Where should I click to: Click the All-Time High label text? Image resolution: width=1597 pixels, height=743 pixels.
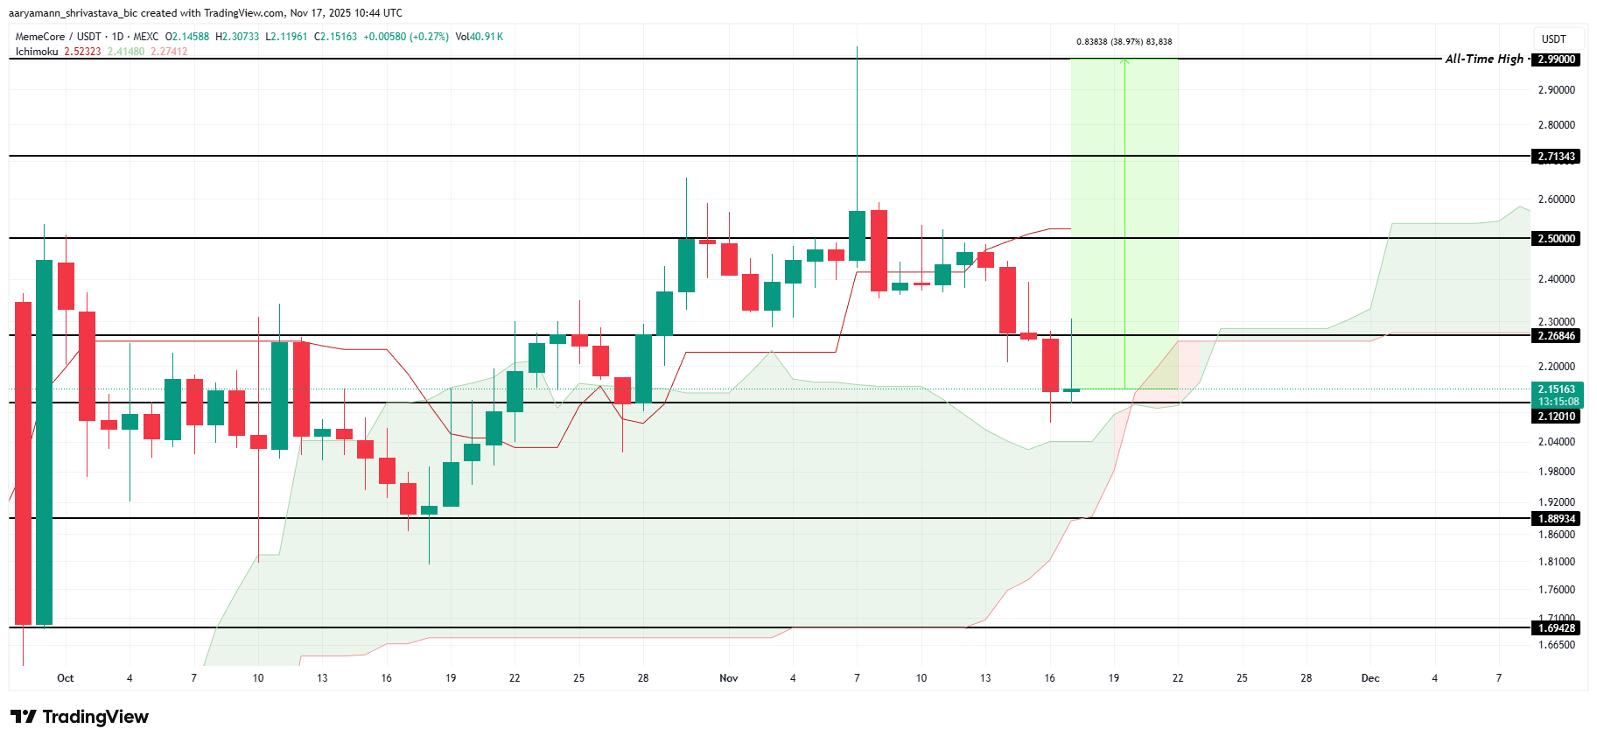pyautogui.click(x=1484, y=59)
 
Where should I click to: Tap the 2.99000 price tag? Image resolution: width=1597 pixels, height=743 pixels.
pyautogui.click(x=1558, y=60)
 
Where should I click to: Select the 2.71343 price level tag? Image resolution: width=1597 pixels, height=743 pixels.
pyautogui.click(x=1558, y=157)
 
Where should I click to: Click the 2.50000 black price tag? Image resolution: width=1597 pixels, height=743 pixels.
pyautogui.click(x=1558, y=239)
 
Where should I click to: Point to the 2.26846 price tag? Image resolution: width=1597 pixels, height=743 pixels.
pyautogui.click(x=1558, y=336)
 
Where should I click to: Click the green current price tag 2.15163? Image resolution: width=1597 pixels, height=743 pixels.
pyautogui.click(x=1558, y=389)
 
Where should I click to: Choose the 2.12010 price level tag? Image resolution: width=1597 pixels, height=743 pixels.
pyautogui.click(x=1558, y=417)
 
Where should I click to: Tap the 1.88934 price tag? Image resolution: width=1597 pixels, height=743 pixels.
pyautogui.click(x=1558, y=519)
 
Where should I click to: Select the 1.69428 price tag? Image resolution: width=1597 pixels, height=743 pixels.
pyautogui.click(x=1558, y=628)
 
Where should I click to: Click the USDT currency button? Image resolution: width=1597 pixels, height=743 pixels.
pyautogui.click(x=1554, y=39)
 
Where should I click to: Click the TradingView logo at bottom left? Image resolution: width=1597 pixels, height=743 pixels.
pyautogui.click(x=81, y=717)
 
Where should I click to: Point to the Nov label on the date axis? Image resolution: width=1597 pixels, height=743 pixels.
pyautogui.click(x=728, y=678)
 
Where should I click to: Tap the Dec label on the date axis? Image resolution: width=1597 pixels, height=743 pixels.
pyautogui.click(x=1370, y=678)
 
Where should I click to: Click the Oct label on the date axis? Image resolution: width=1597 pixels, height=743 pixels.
pyautogui.click(x=65, y=678)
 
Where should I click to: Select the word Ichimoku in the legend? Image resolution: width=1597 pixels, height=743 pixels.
pyautogui.click(x=37, y=52)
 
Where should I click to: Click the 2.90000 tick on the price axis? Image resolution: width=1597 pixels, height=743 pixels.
pyautogui.click(x=1557, y=90)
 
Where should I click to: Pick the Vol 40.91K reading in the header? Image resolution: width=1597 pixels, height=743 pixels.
pyautogui.click(x=479, y=37)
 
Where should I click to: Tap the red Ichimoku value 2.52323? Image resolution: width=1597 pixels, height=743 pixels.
pyautogui.click(x=82, y=52)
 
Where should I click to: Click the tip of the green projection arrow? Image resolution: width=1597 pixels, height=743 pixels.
pyautogui.click(x=1124, y=60)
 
